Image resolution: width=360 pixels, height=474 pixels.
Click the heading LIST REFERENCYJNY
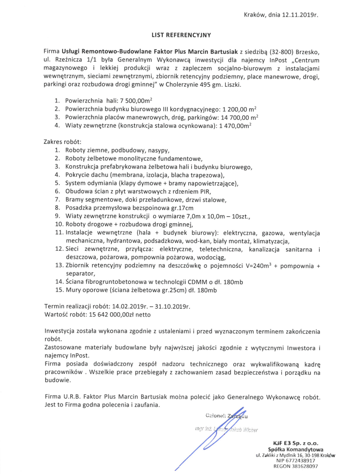coord(181,34)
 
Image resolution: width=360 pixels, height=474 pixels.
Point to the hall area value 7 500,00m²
coord(135,100)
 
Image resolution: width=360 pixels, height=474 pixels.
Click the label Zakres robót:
coord(62,141)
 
